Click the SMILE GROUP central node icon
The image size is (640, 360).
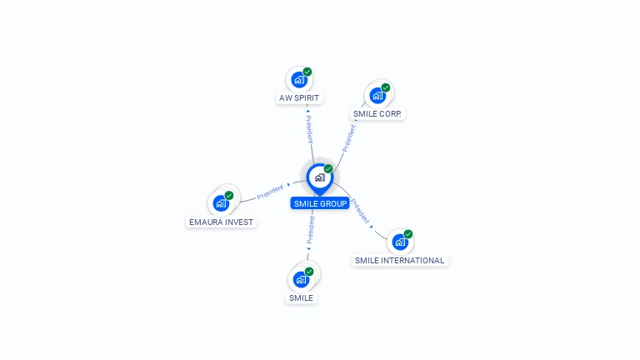[x=319, y=177]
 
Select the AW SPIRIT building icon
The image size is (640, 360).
[x=298, y=80]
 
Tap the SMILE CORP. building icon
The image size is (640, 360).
[x=377, y=95]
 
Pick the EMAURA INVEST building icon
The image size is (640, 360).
[x=221, y=202]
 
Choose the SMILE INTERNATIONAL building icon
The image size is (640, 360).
[x=400, y=242]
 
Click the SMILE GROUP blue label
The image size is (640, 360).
[x=320, y=203]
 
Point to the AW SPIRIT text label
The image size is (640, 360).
[x=299, y=97]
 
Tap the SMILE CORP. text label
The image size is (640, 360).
[x=377, y=113]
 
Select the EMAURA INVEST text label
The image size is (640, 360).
[x=221, y=222]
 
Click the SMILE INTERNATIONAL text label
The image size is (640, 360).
[x=400, y=260]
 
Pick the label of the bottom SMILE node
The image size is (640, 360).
[x=301, y=297]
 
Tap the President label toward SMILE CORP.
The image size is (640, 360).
[x=349, y=137]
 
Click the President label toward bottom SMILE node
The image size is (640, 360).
[x=310, y=230]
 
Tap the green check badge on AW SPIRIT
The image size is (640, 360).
[x=307, y=72]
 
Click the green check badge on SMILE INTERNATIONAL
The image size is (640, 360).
[x=408, y=234]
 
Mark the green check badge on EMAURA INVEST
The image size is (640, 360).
[x=229, y=195]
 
